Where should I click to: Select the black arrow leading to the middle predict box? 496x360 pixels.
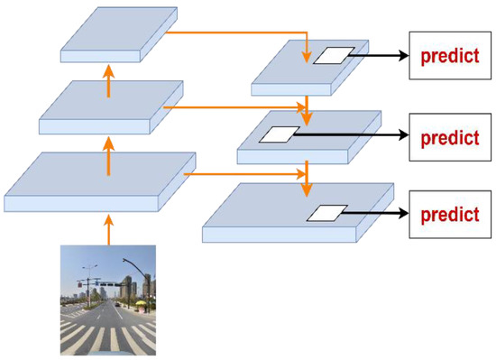pos(352,135)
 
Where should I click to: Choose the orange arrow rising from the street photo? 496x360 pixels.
pos(107,227)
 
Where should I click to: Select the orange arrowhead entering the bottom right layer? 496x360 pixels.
pos(308,192)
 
